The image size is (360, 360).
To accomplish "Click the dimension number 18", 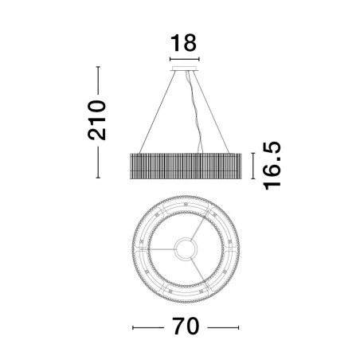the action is [183, 43].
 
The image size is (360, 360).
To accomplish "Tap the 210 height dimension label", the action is [97, 120].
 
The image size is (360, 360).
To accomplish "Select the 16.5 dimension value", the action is [272, 166].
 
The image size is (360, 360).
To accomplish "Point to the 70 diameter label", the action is [186, 327].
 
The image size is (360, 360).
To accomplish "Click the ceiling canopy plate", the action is [185, 68].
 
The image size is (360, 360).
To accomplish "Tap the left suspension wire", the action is [158, 112].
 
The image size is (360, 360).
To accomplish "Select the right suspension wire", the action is [211, 112].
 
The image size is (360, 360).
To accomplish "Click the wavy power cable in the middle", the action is [195, 112].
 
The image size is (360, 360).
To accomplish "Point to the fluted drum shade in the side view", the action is [186, 166].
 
